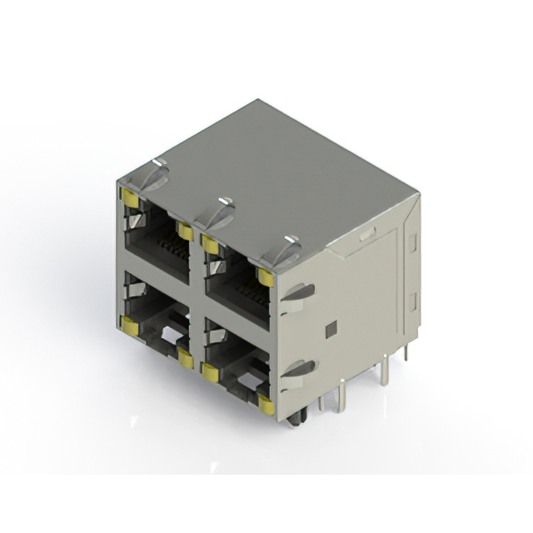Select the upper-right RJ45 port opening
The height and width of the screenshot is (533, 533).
[237, 279]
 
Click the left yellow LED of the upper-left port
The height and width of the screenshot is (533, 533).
[129, 197]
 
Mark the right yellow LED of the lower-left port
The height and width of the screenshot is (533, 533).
[185, 359]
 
